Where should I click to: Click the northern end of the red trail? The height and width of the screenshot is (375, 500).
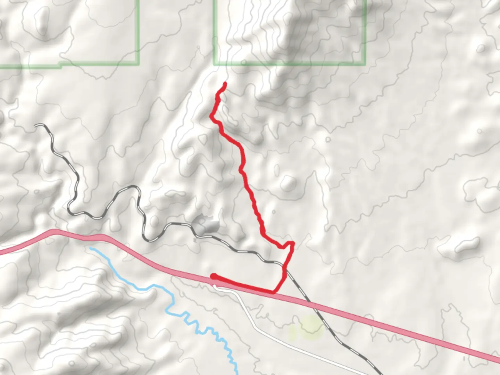point(225,83)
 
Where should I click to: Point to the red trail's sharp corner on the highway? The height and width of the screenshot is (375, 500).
point(274,292)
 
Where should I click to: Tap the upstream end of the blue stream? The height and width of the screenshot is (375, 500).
point(90,248)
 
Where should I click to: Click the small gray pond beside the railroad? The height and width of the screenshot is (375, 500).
point(206,225)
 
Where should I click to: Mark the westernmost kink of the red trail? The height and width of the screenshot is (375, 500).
point(211,116)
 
